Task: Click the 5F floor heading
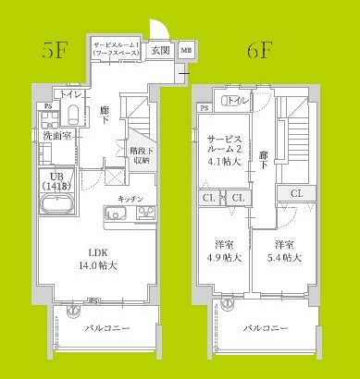[x=52, y=51]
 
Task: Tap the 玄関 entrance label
[x=160, y=51]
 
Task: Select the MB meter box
[x=186, y=51]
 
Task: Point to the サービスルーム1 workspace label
[x=116, y=50]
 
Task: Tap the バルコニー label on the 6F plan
[x=264, y=328]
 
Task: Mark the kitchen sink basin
[x=119, y=215]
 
